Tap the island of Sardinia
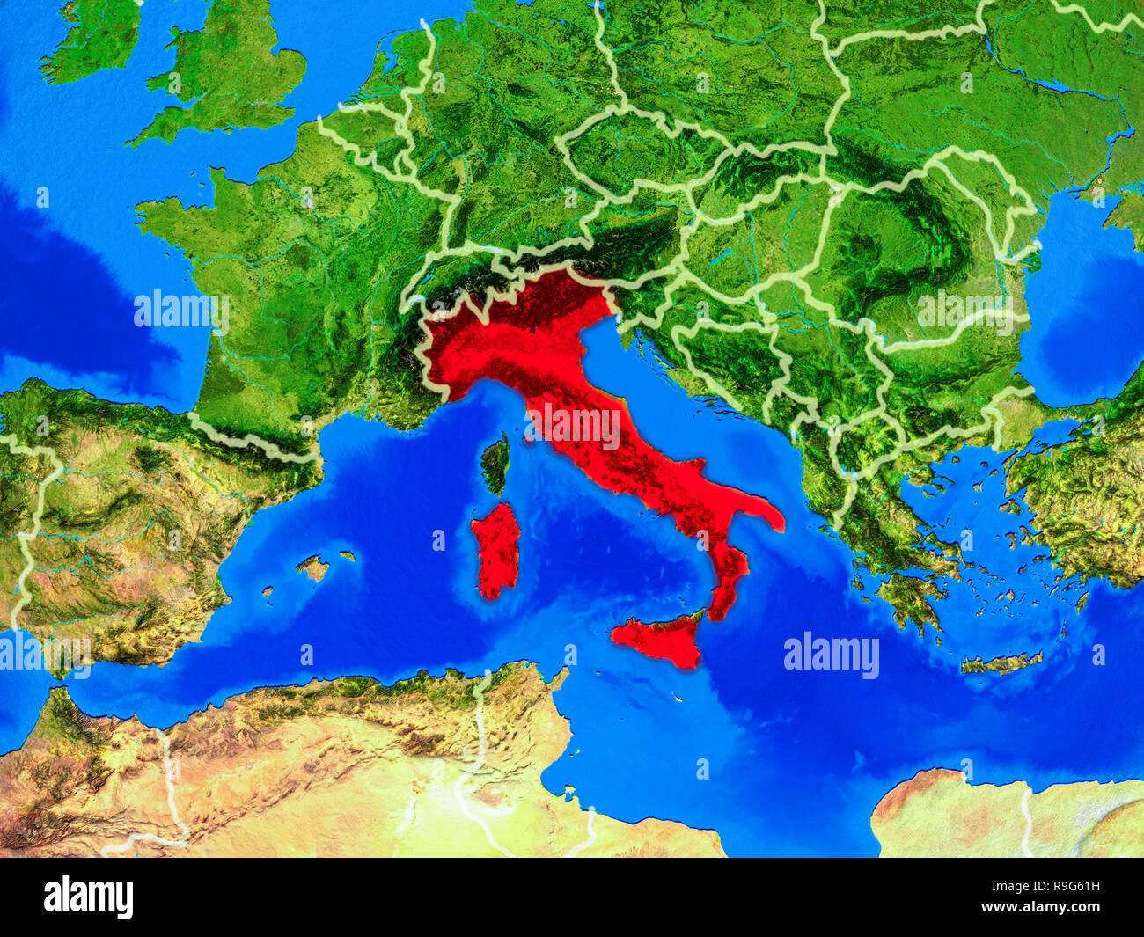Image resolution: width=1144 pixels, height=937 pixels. (495, 549)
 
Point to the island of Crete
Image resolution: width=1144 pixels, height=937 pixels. (1002, 662)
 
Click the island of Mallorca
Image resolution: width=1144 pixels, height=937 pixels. (312, 567)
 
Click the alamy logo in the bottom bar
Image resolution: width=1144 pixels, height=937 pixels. (89, 897)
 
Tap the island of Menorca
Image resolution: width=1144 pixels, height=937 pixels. (348, 556)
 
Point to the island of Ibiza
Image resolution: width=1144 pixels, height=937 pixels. (267, 591)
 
